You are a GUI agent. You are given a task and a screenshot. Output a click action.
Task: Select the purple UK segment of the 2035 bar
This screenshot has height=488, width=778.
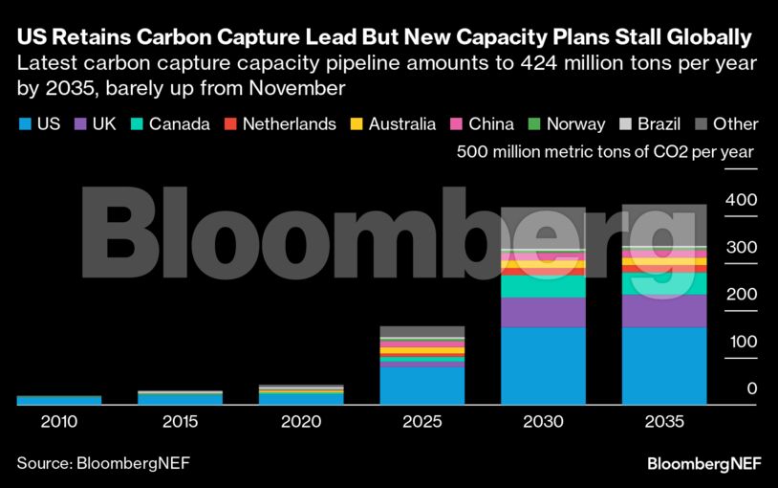(x=664, y=311)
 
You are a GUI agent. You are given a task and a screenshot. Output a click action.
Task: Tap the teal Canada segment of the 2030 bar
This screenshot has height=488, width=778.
(x=544, y=286)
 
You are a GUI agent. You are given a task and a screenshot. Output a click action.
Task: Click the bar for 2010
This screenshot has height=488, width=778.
(x=58, y=400)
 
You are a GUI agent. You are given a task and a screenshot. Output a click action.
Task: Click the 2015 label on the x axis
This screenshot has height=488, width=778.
(x=180, y=421)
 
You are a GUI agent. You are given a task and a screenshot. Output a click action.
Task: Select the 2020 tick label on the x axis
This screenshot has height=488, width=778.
(x=301, y=421)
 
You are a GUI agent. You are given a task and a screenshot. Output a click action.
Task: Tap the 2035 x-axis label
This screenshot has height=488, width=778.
(x=664, y=421)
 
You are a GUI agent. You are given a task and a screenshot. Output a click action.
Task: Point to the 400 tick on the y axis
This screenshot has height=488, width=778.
(x=741, y=200)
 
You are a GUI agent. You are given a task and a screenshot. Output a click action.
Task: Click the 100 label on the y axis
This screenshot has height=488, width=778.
(x=741, y=342)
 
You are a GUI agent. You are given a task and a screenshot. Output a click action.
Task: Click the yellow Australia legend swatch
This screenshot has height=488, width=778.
(x=359, y=124)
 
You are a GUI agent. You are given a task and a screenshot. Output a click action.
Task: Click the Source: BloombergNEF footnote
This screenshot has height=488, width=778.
(x=103, y=464)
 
